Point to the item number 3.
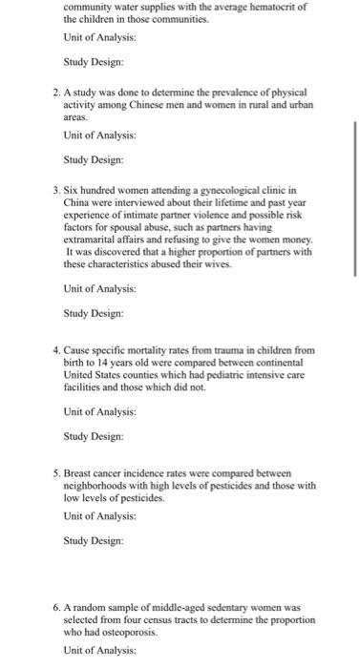54,191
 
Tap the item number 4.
54,351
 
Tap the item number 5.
54,472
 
